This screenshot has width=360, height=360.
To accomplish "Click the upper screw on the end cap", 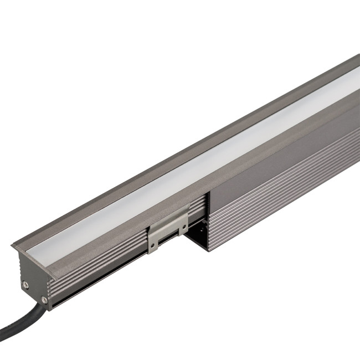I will [x=25, y=285].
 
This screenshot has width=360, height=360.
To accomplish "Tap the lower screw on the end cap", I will [x=44, y=300].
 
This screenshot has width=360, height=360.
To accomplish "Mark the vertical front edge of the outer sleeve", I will [x=208, y=222].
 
